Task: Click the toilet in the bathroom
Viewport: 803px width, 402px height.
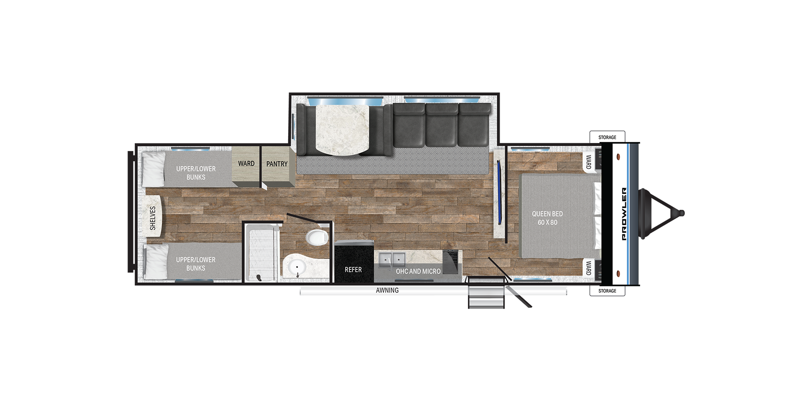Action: coord(317,237)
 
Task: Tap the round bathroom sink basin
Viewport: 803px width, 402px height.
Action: coord(297,268)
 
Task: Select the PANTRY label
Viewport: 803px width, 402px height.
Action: coord(277,164)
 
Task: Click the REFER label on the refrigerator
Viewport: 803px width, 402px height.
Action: coord(353,270)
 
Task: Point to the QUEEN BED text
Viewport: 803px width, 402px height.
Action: coord(547,214)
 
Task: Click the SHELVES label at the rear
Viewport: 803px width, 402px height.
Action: coord(153,218)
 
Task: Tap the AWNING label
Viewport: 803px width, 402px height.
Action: coord(387,290)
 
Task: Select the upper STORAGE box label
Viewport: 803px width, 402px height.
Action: coord(607,137)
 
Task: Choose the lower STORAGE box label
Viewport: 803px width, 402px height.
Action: coord(607,291)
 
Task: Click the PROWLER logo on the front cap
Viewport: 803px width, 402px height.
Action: coord(624,214)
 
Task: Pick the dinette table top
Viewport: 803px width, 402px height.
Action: coord(343,130)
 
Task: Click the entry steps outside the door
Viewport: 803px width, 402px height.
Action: coord(486,293)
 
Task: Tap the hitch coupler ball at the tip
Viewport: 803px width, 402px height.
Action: coord(681,214)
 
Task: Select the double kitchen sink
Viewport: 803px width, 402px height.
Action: coord(392,259)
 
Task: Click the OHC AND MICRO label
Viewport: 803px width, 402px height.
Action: coord(418,272)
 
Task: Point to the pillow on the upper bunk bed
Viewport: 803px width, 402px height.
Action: coord(154,169)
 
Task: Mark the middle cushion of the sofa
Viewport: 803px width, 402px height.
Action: coord(442,125)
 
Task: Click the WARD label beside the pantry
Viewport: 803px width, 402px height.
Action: coord(246,163)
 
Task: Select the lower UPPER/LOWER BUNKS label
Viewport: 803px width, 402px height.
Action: coord(196,264)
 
